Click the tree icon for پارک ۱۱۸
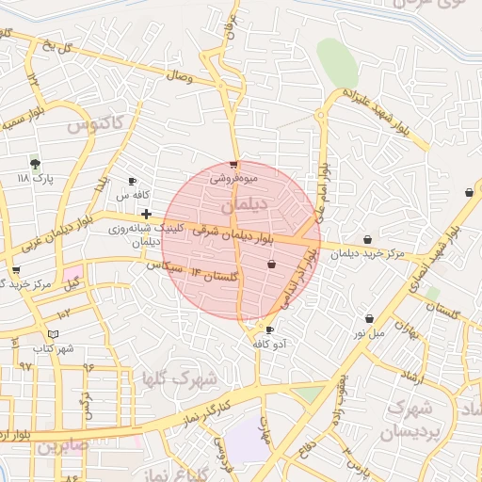tap(36, 163)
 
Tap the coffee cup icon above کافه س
tap(133, 181)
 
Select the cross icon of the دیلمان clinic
tap(146, 214)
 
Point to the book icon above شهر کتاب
tap(53, 334)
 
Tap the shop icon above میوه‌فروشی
tap(233, 164)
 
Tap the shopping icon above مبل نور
tap(369, 319)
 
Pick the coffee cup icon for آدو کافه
tap(270, 330)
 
